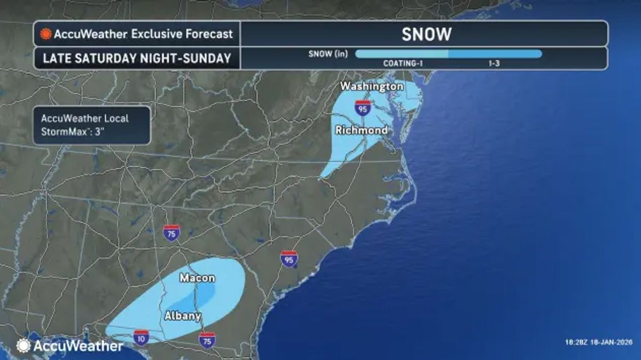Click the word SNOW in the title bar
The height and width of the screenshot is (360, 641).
click(426, 34)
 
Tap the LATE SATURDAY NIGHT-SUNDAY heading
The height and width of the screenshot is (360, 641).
click(137, 58)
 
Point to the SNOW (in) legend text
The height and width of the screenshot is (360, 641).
click(328, 54)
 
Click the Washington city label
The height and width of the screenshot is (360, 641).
click(371, 86)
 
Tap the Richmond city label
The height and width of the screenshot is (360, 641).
click(361, 130)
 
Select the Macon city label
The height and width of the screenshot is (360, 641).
click(197, 278)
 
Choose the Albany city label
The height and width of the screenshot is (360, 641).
click(182, 316)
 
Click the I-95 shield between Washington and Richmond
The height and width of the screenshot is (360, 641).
click(363, 108)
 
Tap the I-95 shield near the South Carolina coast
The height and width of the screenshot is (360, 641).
click(288, 259)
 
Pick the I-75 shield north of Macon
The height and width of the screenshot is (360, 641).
click(171, 232)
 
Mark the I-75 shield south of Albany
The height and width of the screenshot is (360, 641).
click(207, 339)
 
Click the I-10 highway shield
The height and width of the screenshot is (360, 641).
click(141, 338)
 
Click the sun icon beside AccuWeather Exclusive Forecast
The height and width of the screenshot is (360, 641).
click(46, 34)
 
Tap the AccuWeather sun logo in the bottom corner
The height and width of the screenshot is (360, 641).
click(24, 346)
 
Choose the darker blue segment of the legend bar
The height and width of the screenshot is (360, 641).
click(495, 54)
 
